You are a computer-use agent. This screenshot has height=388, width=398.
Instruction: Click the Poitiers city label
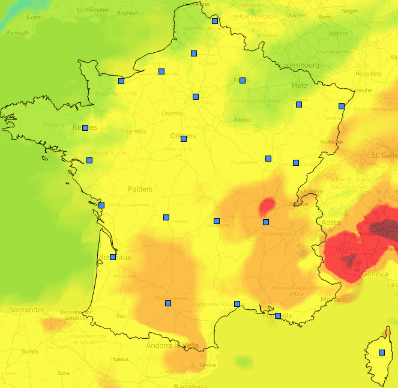pyautogui.click(x=140, y=189)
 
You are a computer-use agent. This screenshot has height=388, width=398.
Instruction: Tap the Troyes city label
pyautogui.click(x=242, y=120)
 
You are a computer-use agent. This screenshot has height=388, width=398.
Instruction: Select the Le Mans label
pyautogui.click(x=136, y=132)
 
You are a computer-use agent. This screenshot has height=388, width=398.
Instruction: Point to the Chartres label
pyautogui.click(x=172, y=114)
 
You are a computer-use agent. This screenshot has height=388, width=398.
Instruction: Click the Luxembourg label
pyautogui.click(x=298, y=65)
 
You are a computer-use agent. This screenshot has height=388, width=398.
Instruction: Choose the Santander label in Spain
pyautogui.click(x=27, y=310)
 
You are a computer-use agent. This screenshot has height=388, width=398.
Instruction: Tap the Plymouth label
pyautogui.click(x=17, y=33)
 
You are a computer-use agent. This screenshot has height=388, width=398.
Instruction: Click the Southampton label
pyautogui.click(x=93, y=10)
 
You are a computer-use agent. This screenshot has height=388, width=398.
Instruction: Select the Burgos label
pyautogui.click(x=29, y=351)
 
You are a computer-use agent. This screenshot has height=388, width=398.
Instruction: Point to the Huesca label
pyautogui.click(x=119, y=359)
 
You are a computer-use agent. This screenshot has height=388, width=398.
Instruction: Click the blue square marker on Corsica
pyautogui.click(x=382, y=353)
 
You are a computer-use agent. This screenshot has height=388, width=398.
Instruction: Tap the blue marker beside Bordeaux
pyautogui.click(x=113, y=257)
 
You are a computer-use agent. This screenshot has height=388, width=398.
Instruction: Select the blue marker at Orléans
pyautogui.click(x=184, y=139)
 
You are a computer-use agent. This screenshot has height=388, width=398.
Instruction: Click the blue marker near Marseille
pyautogui.click(x=278, y=316)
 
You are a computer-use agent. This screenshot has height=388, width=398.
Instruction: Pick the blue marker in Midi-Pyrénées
pyautogui.click(x=168, y=303)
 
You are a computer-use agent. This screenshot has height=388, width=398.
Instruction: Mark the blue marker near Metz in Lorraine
pyautogui.click(x=298, y=105)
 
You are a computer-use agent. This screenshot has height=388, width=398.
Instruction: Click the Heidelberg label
pyautogui.click(x=369, y=74)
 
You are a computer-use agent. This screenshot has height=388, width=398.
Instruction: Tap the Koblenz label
pyautogui.click(x=339, y=34)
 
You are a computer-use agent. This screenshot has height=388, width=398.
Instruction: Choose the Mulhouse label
pyautogui.click(x=332, y=142)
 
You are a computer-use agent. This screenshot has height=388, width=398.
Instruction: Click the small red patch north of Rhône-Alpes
pyautogui.click(x=266, y=207)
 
